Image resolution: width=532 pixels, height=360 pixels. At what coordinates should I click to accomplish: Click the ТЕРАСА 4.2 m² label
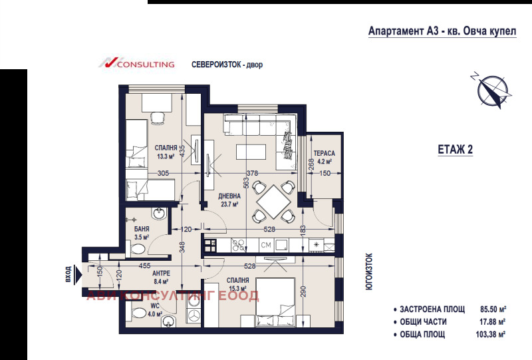point(325,156)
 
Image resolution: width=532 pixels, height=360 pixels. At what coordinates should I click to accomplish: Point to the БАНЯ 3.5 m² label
point(141,232)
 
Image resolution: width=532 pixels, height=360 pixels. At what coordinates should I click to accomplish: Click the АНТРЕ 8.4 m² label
point(162,277)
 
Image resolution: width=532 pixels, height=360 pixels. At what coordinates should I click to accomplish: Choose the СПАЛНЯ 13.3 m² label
point(166,152)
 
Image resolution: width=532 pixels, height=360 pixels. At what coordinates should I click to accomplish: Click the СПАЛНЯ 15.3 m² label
point(237,284)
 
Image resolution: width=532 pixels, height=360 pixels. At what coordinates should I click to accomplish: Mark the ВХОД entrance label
point(68,273)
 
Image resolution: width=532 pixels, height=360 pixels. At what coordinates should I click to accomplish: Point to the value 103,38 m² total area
point(491,334)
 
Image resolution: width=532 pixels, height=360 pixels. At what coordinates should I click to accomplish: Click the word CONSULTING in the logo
point(145,65)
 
